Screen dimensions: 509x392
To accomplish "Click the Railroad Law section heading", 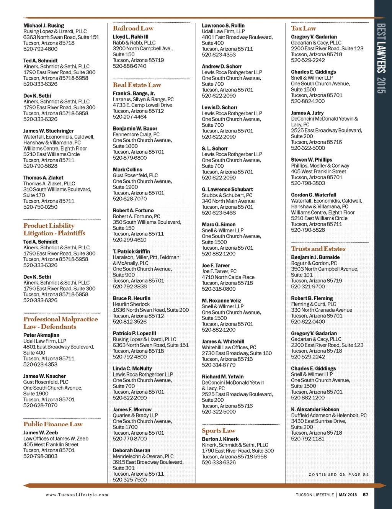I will [133, 28].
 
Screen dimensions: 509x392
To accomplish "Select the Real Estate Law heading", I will [137, 85].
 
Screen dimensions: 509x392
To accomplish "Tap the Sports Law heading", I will [218, 431].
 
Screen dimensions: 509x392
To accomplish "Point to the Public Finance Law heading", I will [53, 424].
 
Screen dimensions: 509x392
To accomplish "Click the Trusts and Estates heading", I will [318, 249].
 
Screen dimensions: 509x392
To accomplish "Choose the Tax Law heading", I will [303, 28].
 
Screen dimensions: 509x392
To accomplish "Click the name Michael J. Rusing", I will [44, 26].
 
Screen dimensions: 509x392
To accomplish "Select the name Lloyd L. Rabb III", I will [131, 37].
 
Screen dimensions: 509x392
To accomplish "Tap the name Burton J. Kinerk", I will [220, 439].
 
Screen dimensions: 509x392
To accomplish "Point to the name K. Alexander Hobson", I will [315, 409].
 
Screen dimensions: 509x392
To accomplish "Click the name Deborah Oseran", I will [131, 450].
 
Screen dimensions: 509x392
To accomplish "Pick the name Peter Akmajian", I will [41, 335].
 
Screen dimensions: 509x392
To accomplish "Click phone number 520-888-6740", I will [129, 66].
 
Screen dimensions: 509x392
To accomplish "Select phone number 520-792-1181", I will [307, 439].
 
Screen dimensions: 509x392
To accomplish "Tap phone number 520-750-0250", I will [40, 207].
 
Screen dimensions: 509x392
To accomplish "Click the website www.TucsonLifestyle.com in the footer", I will [77, 495].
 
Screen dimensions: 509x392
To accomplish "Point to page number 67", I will [366, 495].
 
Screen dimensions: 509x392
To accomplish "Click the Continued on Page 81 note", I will [338, 475].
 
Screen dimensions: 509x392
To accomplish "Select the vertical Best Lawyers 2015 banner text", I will [381, 58].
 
